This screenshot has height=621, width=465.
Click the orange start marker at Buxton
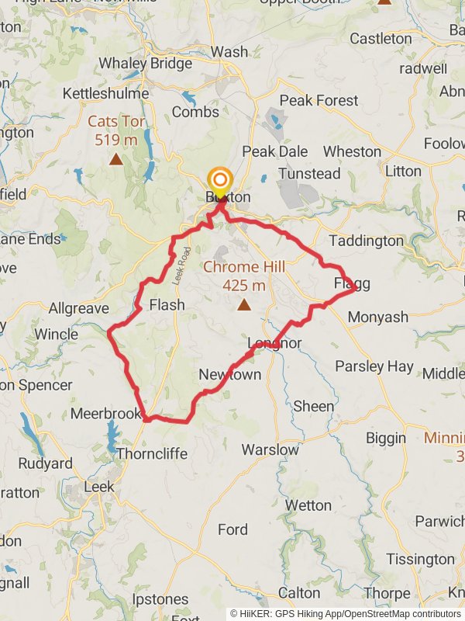[220, 179]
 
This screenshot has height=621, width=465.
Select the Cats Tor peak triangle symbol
[115, 159]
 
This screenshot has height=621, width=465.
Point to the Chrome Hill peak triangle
[244, 304]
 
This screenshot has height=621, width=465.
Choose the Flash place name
[167, 304]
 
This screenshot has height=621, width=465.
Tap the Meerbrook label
[105, 414]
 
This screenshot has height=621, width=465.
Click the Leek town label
[98, 487]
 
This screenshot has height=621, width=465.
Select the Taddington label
[367, 241]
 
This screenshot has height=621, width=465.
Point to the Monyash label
[377, 317]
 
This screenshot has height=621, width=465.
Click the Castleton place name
[381, 38]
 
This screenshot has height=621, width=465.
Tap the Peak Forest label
[319, 100]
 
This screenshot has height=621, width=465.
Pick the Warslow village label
[270, 449]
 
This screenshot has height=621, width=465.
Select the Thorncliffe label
[152, 453]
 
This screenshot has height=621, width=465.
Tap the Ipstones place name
[160, 599]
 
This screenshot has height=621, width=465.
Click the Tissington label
[420, 559]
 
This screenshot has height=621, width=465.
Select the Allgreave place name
[78, 308]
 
